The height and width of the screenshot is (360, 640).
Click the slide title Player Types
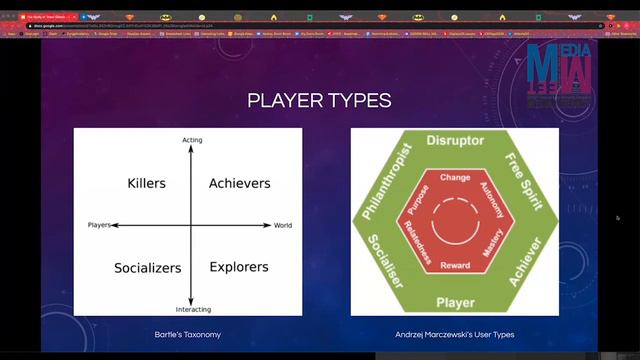319,100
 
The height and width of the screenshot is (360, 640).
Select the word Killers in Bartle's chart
147,183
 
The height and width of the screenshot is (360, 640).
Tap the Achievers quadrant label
239,183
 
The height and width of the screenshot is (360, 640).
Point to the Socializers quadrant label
147,268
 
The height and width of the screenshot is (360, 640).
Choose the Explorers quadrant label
239,267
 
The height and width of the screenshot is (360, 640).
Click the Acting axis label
192,140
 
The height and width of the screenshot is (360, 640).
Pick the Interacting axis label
193,309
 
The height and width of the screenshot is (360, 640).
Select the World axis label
283,225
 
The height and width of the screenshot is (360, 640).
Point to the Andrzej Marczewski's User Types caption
454,333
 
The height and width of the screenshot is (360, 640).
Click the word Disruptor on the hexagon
455,141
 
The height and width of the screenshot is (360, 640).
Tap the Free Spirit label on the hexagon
523,180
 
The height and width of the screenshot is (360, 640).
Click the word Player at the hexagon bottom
455,301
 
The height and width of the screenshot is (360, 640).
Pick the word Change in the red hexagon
455,177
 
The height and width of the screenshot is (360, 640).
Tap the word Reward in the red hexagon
455,265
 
